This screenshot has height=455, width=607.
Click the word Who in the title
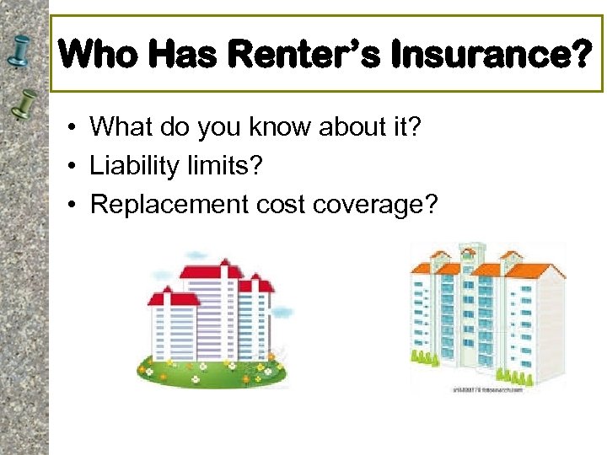100,55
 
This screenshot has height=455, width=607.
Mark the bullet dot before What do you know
75,128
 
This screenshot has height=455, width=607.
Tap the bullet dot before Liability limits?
75,167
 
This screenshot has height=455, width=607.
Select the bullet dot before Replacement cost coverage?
75,206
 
